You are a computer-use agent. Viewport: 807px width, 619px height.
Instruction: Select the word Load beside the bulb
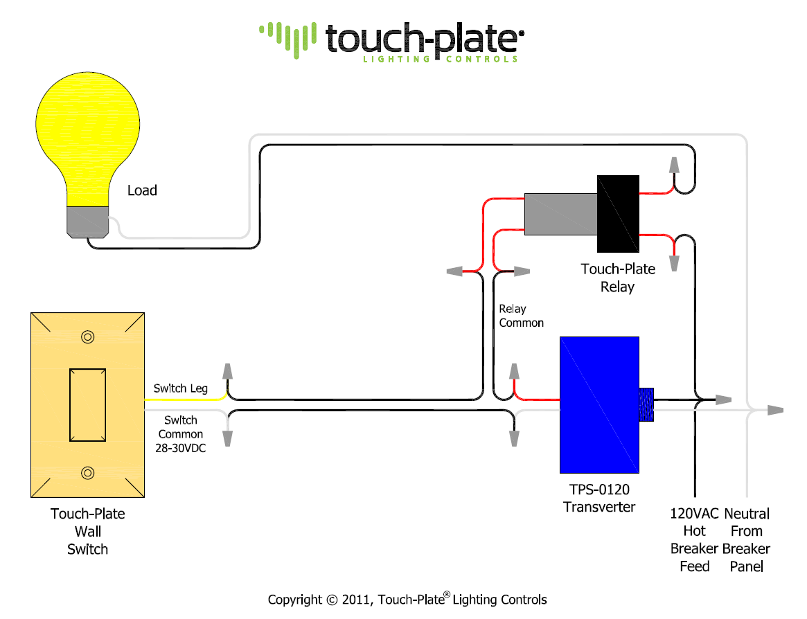[x=142, y=190]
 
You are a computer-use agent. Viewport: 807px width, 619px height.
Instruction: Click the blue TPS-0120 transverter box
[x=599, y=404]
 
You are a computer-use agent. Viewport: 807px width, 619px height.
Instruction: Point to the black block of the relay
[x=617, y=214]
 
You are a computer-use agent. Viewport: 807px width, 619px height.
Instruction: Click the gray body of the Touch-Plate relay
[x=560, y=214]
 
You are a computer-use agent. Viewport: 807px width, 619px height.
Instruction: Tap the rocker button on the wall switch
[x=87, y=405]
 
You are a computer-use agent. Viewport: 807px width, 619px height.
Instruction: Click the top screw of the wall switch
[x=87, y=337]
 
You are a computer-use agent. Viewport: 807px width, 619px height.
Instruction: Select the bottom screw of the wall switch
[x=87, y=473]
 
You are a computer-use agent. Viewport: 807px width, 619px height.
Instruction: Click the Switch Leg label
[x=180, y=388]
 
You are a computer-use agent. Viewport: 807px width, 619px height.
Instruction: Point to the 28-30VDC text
[x=180, y=448]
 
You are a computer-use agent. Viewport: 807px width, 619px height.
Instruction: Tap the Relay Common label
[x=521, y=316]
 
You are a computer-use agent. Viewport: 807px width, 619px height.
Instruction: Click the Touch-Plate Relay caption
[x=617, y=278]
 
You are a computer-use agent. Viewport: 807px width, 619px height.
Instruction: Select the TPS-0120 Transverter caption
[x=599, y=499]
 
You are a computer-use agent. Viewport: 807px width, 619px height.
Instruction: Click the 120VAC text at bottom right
[x=693, y=514]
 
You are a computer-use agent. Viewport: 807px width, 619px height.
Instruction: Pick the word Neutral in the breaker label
[x=747, y=514]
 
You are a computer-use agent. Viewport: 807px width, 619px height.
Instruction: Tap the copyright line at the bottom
[x=407, y=600]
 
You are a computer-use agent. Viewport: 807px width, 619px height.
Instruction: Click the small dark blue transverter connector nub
[x=646, y=404]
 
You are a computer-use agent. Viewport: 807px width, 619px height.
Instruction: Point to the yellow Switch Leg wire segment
[x=186, y=400]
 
